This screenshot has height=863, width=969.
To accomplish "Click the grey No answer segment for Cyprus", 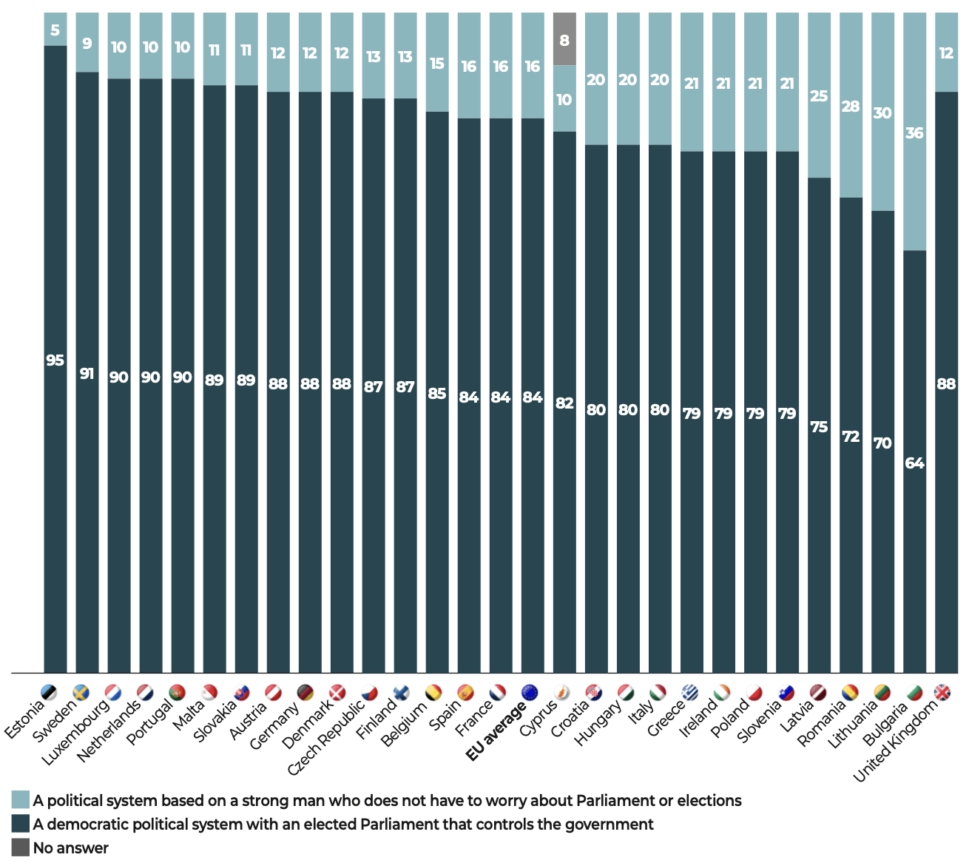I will (x=564, y=39).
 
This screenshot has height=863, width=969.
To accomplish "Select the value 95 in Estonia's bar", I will (x=55, y=360).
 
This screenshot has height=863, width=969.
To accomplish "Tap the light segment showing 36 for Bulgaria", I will (x=914, y=133).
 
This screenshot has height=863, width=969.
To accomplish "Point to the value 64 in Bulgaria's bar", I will (x=914, y=463).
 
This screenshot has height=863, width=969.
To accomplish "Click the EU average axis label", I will (x=496, y=730).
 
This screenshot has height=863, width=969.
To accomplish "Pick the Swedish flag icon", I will (x=81, y=693).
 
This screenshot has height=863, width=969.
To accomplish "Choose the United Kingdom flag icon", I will (x=942, y=693).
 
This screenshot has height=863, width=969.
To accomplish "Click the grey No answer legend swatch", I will (x=21, y=847).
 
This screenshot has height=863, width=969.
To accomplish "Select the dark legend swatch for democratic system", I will (x=21, y=824).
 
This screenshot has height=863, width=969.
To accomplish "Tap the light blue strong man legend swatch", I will (x=21, y=800).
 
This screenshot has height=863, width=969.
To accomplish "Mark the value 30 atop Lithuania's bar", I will (x=882, y=113).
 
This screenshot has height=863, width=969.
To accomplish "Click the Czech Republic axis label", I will (x=326, y=737).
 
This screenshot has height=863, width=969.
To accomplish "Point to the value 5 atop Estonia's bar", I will (x=55, y=30).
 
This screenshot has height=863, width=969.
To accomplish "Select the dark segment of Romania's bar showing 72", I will (x=851, y=437).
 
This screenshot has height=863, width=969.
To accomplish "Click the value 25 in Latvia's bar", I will (x=819, y=96).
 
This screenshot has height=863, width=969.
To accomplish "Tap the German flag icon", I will (x=305, y=693).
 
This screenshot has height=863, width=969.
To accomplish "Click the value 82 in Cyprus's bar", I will (x=564, y=403).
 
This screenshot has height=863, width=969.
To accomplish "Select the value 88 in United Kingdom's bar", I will (x=946, y=383).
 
